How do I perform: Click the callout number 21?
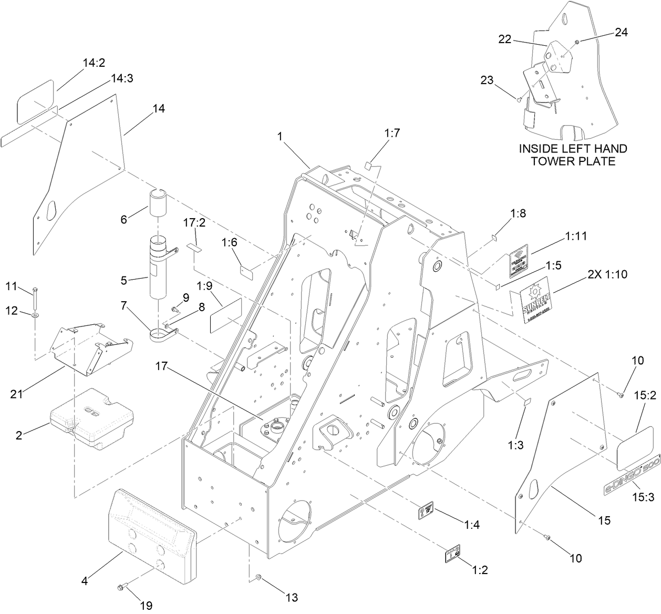pyautogui.click(x=17, y=392)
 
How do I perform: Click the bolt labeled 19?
pyautogui.click(x=120, y=587)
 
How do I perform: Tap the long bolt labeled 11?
pyautogui.click(x=35, y=300)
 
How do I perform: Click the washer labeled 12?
pyautogui.click(x=34, y=314)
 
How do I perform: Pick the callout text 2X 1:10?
pyautogui.click(x=604, y=274)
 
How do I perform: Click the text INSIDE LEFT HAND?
pyautogui.click(x=572, y=149)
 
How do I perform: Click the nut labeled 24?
pyautogui.click(x=576, y=42)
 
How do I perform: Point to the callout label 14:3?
pyautogui.click(x=122, y=78)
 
